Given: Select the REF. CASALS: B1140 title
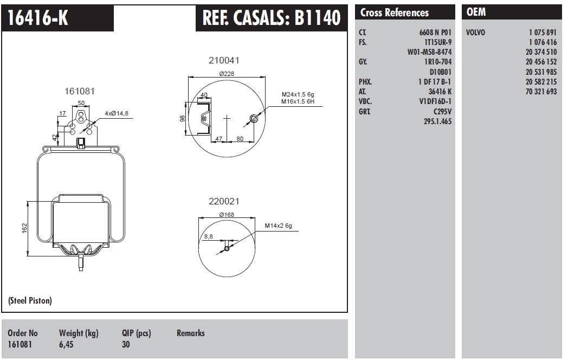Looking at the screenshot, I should point(272,18).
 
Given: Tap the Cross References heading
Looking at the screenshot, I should point(394,13).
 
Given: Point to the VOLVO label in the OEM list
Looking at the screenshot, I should point(475,33).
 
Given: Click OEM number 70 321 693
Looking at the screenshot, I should point(541,92).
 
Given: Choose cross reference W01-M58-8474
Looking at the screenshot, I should point(429,52).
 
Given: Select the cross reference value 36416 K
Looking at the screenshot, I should point(440,92).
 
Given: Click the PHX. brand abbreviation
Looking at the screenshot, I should point(365,82).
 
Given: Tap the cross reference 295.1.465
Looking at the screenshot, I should point(437,121).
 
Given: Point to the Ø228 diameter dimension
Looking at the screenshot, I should point(226,74).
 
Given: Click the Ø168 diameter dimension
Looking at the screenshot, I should point(226,215).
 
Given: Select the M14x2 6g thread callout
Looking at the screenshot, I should point(278,226).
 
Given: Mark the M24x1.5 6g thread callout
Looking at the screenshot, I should point(298,94).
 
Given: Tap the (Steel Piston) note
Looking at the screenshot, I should point(30,300).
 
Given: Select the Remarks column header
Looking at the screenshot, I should point(190,333).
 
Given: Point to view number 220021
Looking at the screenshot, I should point(224,201).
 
